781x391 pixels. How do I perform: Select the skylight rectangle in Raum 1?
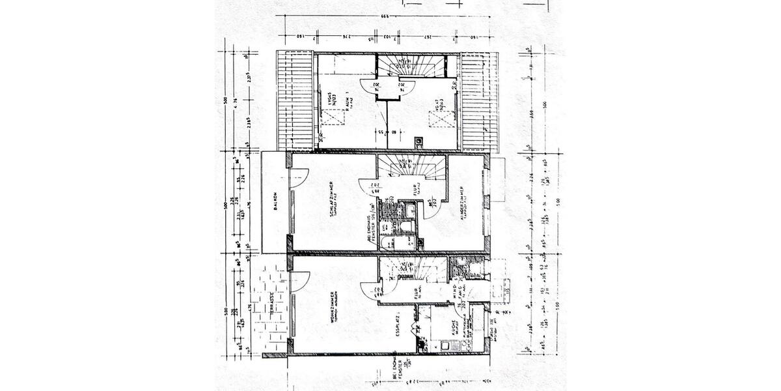point(333,117)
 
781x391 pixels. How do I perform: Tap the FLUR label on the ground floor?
point(417,294)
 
